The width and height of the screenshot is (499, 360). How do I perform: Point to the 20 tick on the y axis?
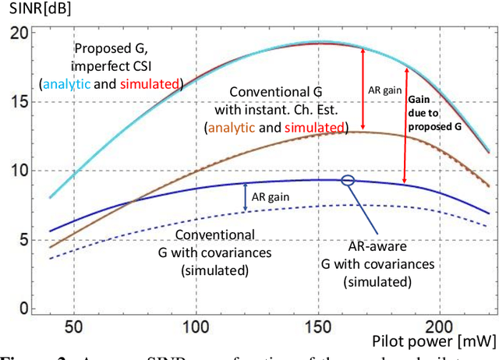point(16,34)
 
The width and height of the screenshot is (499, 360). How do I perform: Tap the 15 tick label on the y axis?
point(16,102)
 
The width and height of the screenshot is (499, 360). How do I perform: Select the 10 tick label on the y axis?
point(16,171)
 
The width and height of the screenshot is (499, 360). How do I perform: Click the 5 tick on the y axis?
point(20,240)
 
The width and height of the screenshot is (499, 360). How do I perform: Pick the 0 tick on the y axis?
point(20,309)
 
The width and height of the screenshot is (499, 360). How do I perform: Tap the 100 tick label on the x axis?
point(195,325)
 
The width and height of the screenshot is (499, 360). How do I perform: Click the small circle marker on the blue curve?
point(348,180)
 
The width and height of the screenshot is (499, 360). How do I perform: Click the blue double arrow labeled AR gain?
point(246,197)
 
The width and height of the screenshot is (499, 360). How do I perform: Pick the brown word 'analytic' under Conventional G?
point(232,127)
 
